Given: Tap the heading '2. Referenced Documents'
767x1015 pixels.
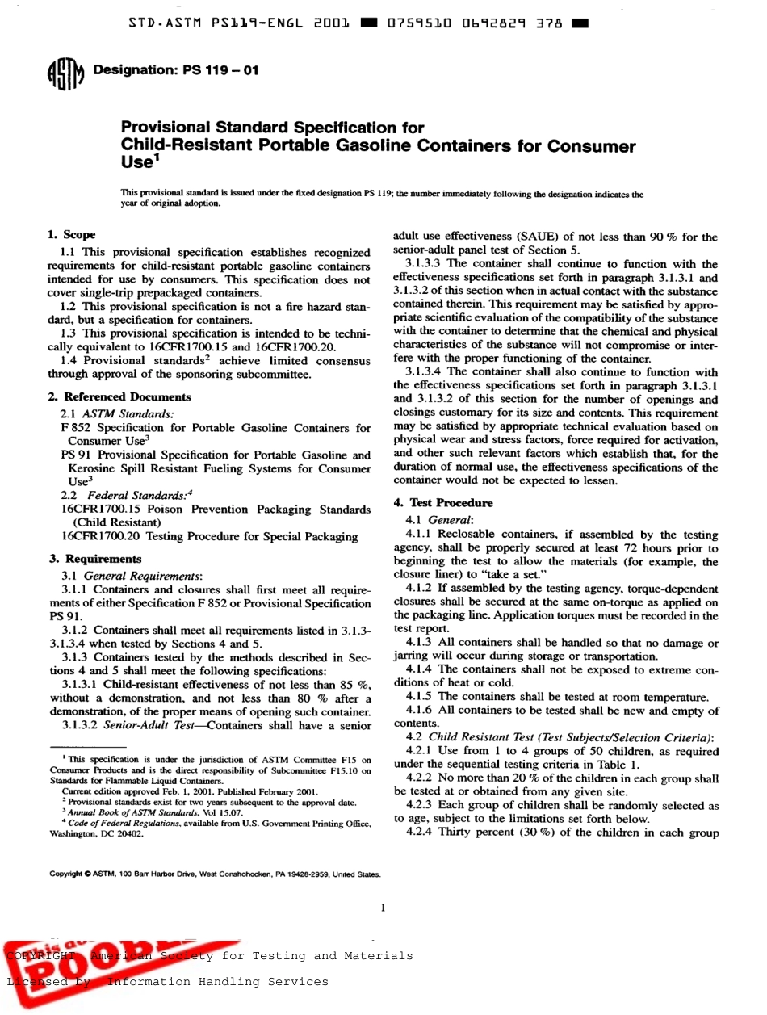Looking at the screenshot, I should (x=119, y=396).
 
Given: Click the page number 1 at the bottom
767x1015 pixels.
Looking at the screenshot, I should (x=383, y=908).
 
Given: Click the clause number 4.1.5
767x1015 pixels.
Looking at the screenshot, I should (x=420, y=697).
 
